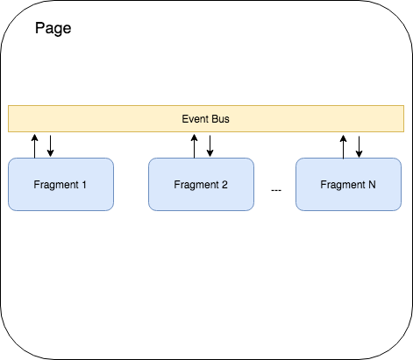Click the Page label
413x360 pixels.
53,28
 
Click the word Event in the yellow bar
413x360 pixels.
193,118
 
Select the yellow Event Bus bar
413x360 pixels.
105,118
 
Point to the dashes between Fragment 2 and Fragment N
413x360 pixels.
276,190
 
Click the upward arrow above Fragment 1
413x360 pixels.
34,145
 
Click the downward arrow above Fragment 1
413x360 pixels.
51,145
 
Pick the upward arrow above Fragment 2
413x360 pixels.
193,145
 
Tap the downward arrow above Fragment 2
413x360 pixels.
210,145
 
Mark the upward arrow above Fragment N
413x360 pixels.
342,145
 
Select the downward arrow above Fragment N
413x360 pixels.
359,145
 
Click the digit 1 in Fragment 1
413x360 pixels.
84,185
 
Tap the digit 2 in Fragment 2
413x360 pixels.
224,185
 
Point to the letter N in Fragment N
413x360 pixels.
372,185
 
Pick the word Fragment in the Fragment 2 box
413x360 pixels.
196,185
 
